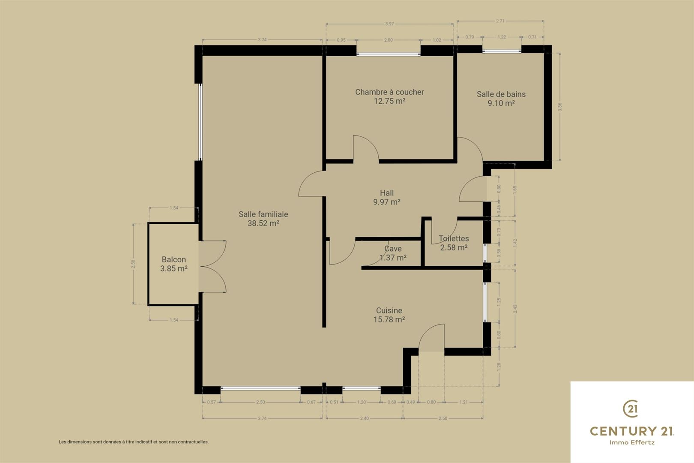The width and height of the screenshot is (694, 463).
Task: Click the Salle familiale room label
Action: click(263, 214)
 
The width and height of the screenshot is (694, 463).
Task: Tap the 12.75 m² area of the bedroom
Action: click(389, 101)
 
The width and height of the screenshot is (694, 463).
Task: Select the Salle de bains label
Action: click(501, 94)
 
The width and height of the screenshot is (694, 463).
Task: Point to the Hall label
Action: click(387, 193)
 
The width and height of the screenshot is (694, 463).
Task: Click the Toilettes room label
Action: click(454, 238)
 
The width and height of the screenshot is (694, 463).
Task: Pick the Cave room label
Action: click(393, 249)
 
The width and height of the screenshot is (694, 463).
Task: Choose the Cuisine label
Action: click(389, 310)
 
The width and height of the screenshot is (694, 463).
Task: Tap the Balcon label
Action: click(173, 259)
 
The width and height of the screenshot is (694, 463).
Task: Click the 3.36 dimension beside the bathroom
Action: click(559, 107)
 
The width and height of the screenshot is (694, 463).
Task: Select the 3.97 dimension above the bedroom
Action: click(389, 24)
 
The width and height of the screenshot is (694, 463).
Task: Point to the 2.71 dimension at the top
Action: click(500, 21)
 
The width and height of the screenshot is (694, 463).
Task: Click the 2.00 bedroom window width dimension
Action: click(388, 40)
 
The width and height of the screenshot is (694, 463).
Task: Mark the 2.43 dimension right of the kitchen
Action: click(515, 309)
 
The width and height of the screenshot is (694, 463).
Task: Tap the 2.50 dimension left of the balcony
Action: click(133, 264)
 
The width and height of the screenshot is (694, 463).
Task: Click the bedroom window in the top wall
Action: click(388, 54)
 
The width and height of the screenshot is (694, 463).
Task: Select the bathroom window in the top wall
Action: click(502, 51)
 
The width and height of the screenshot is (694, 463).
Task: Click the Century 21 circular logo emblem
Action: click(631, 409)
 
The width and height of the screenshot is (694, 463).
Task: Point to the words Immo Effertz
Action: click(632, 442)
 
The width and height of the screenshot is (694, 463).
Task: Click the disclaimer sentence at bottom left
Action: click(134, 442)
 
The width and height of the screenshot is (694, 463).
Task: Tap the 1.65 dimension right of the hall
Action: click(515, 189)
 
